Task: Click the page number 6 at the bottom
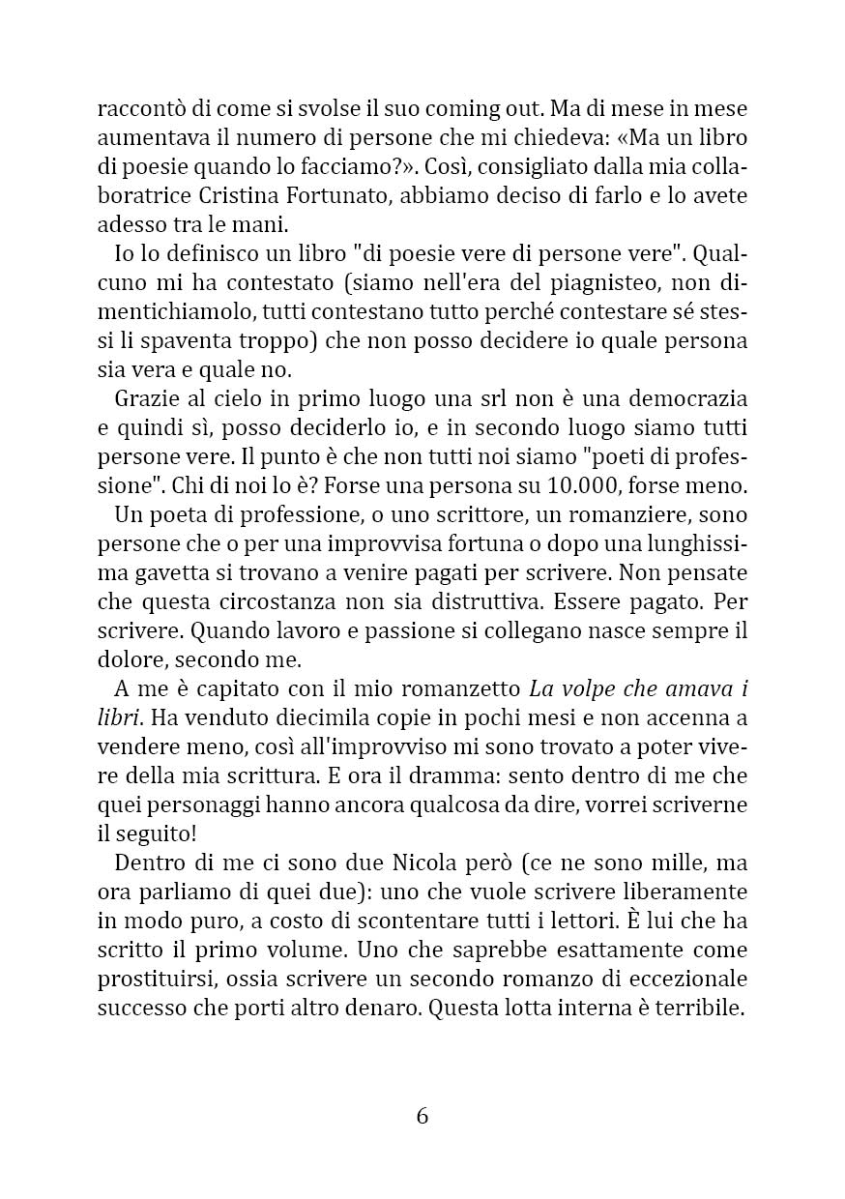point(422,1116)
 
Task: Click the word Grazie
point(141,398)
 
